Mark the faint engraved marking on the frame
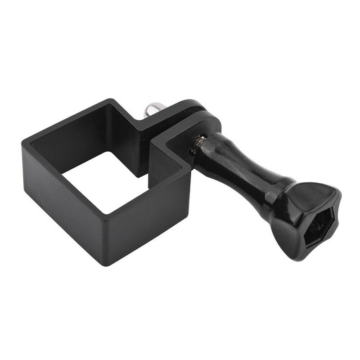43,198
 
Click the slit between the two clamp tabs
148,137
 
